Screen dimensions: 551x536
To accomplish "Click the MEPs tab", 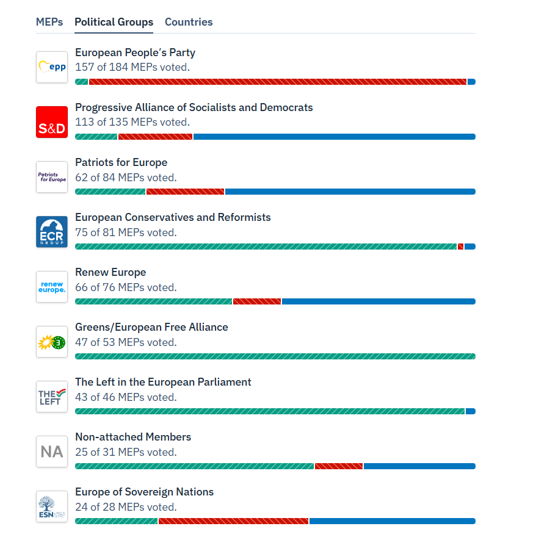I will (49, 22).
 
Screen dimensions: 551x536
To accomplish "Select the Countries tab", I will (189, 22).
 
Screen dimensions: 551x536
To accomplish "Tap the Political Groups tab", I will (114, 22).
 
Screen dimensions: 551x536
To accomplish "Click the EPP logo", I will (52, 67).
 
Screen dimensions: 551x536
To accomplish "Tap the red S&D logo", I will (52, 122).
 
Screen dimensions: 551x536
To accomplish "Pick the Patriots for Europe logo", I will (52, 177).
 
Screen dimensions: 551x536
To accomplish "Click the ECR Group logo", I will (52, 232).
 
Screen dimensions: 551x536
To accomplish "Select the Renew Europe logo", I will (52, 287).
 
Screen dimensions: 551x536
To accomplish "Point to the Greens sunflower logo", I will (52, 342).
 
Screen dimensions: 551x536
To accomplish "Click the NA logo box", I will (52, 452).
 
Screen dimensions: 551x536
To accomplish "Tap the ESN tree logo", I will (52, 506).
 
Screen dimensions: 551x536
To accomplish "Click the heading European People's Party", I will (135, 52).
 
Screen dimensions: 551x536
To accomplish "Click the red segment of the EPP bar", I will (278, 82).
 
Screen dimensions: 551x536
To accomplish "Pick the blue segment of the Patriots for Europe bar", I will (350, 192).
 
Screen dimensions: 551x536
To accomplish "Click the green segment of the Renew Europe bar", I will (153, 301).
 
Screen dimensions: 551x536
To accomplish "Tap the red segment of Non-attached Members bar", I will (339, 466).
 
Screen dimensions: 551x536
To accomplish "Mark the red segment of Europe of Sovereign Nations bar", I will (233, 521).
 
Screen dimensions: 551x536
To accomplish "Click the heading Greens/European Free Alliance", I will (151, 327).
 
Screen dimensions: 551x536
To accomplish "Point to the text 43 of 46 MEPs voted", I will (126, 397).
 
